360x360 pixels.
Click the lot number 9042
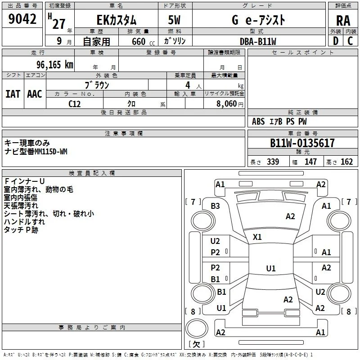22,19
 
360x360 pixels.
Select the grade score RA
343,21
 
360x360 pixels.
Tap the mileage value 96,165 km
55,65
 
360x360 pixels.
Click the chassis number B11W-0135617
302,143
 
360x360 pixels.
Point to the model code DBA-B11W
258,41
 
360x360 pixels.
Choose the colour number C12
75,104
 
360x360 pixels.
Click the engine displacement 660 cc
143,42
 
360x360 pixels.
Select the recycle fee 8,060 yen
230,104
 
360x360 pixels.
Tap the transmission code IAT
13,94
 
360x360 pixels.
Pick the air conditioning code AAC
35,94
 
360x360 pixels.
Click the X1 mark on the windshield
257,237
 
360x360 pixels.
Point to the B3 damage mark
215,206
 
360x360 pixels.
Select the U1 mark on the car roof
271,268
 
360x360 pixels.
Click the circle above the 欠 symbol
197,328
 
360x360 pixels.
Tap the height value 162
346,162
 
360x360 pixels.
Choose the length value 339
273,162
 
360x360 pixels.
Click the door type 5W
174,20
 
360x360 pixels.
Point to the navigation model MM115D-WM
51,152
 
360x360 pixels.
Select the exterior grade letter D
336,41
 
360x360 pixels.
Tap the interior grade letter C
350,41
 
